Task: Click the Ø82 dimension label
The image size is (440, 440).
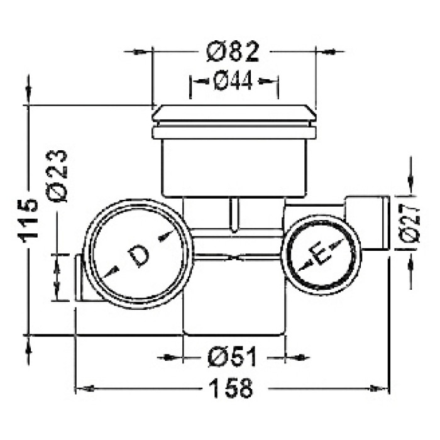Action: pos(233,52)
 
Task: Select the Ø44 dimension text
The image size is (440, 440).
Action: pos(233,81)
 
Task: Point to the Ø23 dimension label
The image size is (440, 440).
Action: pos(57,175)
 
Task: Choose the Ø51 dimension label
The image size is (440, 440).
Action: pos(233,357)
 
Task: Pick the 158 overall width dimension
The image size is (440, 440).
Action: pos(233,388)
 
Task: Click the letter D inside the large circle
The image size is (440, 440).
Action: pos(138,256)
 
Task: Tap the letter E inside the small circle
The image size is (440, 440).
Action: pos(319,253)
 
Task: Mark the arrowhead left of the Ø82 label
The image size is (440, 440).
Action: pos(140,52)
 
